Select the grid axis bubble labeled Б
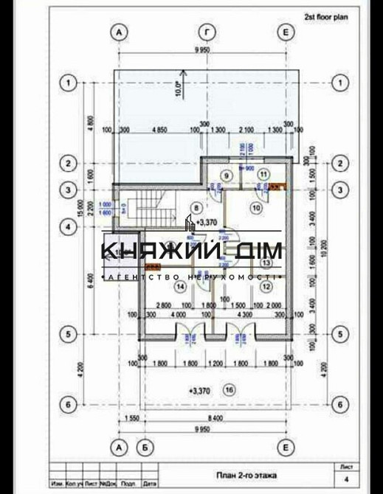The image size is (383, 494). click(146, 447)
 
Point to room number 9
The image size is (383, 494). click(227, 175)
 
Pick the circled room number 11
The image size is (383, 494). click(263, 173)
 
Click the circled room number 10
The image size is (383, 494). click(256, 208)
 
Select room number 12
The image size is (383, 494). click(265, 286)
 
